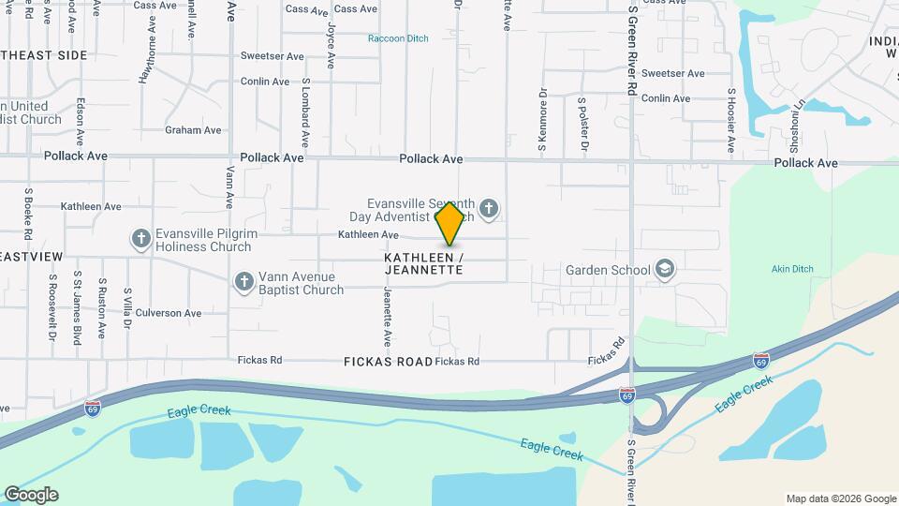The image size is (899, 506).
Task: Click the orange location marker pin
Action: tap(450, 223)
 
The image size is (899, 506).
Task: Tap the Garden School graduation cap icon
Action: tap(665, 270)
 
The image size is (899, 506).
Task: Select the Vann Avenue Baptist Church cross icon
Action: tap(243, 281)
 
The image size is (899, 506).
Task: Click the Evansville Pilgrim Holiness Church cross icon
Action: tap(141, 238)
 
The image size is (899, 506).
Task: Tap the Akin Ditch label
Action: tap(789, 269)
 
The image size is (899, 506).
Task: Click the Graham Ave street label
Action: tap(193, 130)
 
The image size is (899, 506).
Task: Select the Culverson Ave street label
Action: tap(169, 313)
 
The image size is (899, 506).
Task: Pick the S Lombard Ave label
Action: tap(305, 112)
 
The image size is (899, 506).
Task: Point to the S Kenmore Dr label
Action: tap(542, 120)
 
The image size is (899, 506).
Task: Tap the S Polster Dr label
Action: tap(582, 124)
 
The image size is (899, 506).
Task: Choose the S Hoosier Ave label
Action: tap(731, 120)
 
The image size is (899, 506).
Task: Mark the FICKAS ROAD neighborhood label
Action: tap(388, 361)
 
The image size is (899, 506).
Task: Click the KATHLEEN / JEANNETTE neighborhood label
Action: tap(423, 263)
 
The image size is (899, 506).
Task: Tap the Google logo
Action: tap(31, 495)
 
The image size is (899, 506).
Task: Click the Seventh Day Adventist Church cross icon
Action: tap(488, 207)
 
